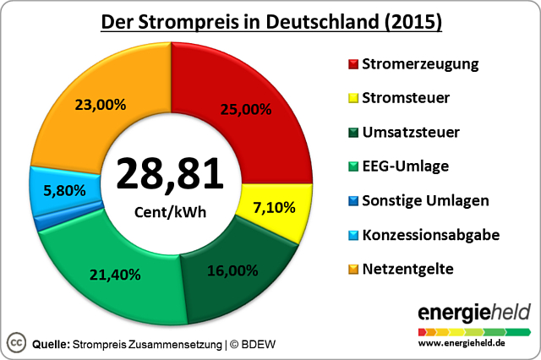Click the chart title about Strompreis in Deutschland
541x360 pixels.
coord(270,20)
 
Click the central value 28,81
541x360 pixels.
coord(170,172)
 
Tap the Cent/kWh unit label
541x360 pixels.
coord(170,211)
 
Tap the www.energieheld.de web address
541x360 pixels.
coord(474,343)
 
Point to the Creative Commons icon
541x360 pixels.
coord(16,342)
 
